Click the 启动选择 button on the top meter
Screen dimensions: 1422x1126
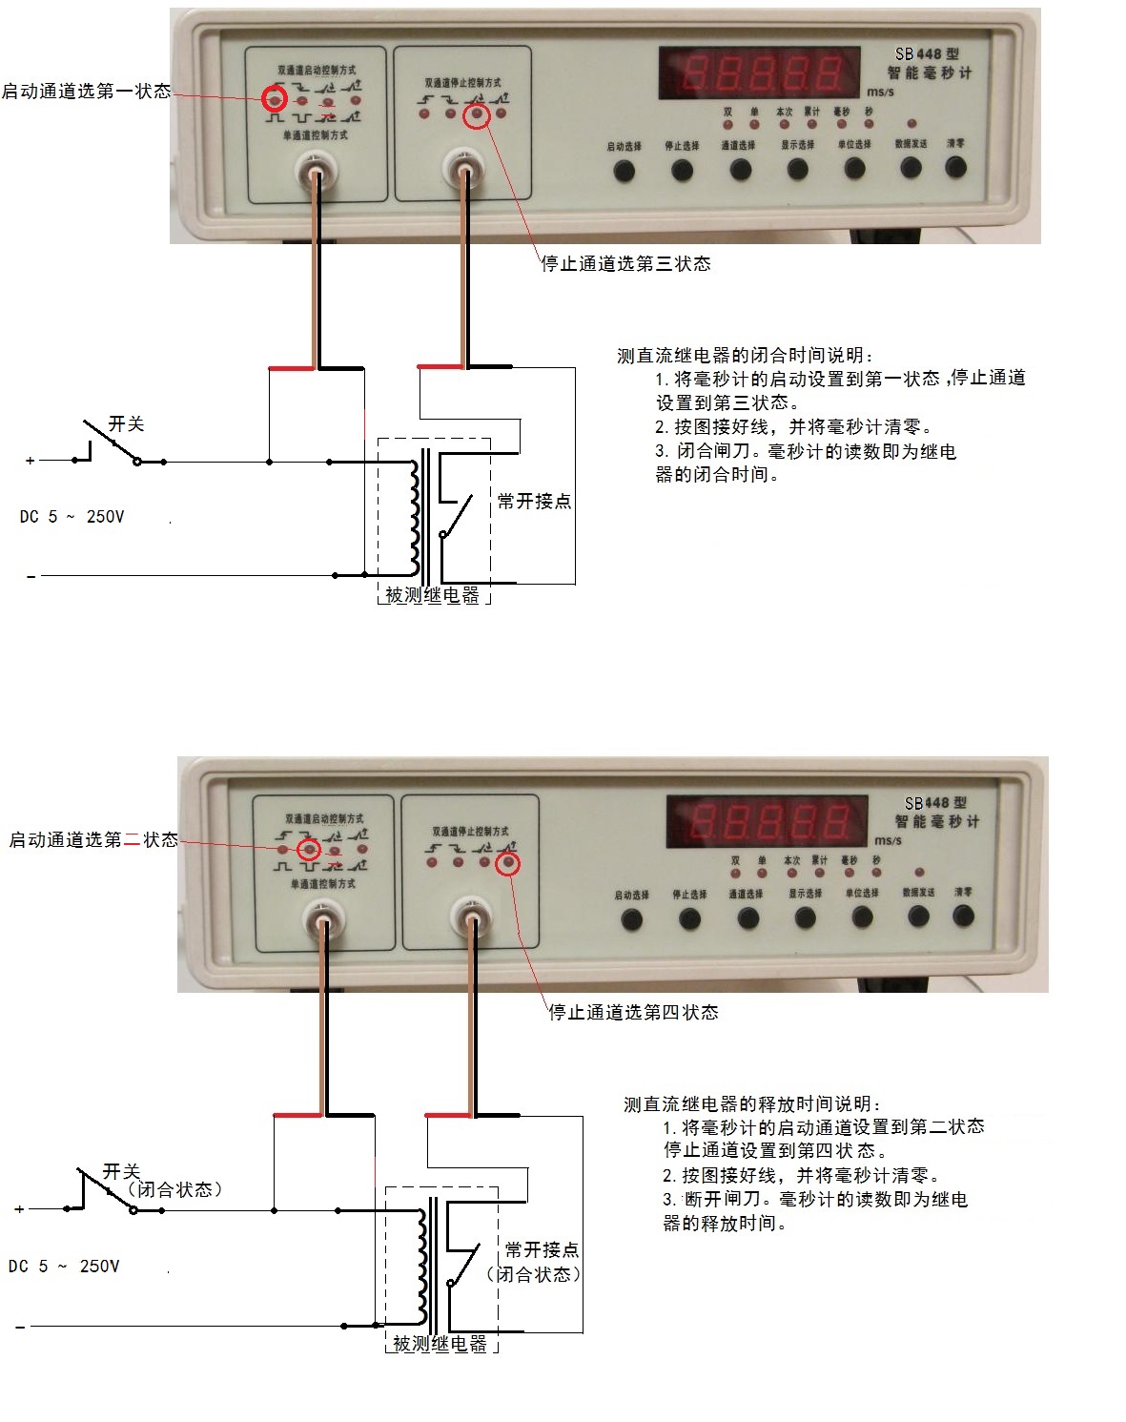(x=624, y=170)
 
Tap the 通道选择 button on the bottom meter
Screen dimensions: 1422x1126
(x=747, y=918)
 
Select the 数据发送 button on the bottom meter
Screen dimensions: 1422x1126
(x=918, y=917)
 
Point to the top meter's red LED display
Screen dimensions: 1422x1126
(x=760, y=73)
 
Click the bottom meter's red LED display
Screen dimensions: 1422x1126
(x=768, y=822)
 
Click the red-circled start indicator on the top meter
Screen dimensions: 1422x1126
(x=275, y=98)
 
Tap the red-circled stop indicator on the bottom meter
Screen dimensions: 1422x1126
(x=508, y=863)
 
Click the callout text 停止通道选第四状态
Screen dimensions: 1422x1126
(x=633, y=1012)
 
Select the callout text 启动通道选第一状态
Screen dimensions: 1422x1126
(x=86, y=92)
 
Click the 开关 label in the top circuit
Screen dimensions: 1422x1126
(x=126, y=423)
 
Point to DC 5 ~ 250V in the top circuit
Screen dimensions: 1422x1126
(x=72, y=517)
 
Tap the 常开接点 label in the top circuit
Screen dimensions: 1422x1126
(x=534, y=501)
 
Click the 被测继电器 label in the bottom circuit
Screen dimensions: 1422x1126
(x=440, y=1344)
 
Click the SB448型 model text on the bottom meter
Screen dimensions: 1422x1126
(x=935, y=803)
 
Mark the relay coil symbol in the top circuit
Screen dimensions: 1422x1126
(x=415, y=518)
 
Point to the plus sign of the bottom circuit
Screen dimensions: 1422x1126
(x=19, y=1209)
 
